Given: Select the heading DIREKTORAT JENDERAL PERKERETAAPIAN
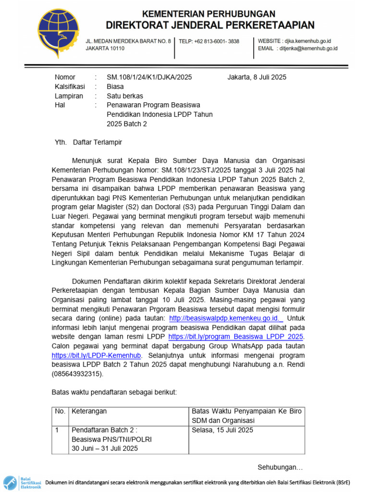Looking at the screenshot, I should point(210,25).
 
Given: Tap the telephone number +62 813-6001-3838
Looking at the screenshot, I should point(209,42).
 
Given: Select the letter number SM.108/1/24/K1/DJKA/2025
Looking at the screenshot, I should point(149,77).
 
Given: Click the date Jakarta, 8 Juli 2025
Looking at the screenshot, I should point(257,77).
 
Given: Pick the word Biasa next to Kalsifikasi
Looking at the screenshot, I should point(115,86).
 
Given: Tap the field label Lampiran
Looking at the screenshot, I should point(69,96).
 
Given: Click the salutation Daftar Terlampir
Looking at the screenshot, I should point(98,142).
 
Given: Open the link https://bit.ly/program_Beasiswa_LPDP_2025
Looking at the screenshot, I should point(236,337).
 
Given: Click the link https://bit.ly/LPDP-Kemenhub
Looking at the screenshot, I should point(97,356).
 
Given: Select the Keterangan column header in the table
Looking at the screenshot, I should point(89,411).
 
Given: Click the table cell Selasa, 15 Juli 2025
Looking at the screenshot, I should point(222,430).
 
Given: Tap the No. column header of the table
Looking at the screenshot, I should point(60,411).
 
